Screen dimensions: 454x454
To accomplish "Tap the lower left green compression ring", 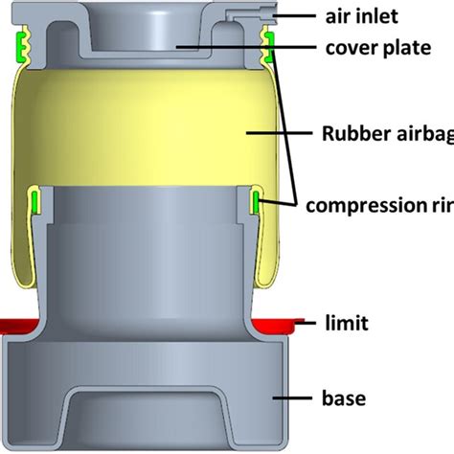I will (36, 201).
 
